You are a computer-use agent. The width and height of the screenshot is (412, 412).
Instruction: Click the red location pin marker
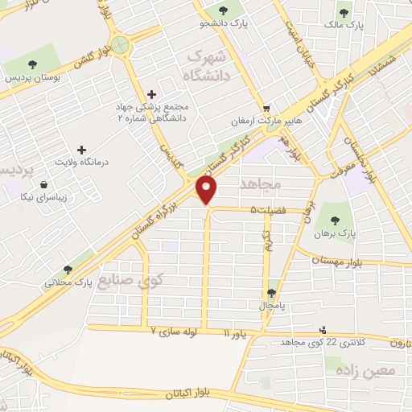click(208, 190)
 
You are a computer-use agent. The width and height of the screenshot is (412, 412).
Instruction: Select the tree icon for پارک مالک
click(344, 13)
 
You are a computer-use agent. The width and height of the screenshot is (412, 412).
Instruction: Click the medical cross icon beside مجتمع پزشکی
click(152, 94)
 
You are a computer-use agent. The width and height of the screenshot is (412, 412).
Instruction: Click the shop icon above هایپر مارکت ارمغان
click(266, 109)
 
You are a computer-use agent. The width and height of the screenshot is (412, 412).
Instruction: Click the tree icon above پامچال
click(270, 293)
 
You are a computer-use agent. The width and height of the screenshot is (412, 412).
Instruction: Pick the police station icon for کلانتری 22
click(323, 329)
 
